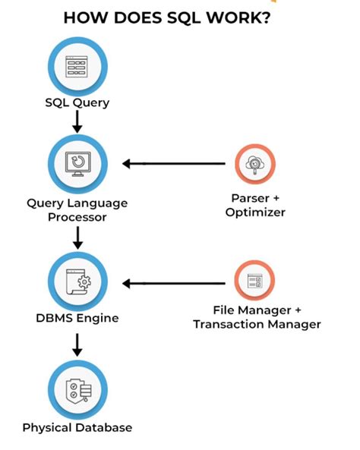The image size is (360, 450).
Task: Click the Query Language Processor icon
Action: [x=77, y=163]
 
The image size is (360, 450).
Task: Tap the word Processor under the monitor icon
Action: [x=77, y=217]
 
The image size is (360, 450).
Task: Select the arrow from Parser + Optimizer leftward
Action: [x=175, y=163]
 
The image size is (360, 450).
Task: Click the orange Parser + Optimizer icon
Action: [x=255, y=163]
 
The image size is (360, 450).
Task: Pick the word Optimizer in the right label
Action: [x=255, y=212]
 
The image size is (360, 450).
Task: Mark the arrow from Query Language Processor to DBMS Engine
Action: [x=77, y=238]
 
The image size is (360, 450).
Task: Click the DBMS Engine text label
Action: [x=77, y=318]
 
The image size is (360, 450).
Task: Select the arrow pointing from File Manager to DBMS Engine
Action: [x=175, y=283]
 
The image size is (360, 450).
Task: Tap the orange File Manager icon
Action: [x=255, y=283]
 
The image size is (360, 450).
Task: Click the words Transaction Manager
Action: [x=257, y=324]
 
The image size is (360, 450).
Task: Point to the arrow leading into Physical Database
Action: [x=77, y=346]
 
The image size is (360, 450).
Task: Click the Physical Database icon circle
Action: [x=77, y=389]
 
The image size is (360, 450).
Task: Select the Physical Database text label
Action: [x=77, y=427]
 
